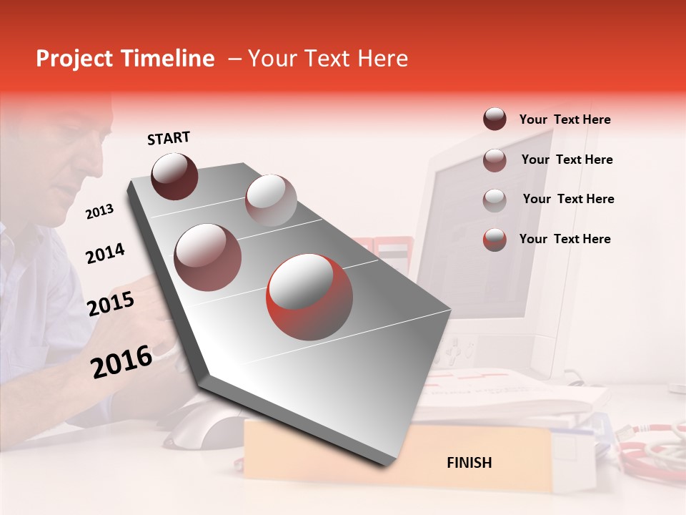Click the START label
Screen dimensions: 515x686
169,138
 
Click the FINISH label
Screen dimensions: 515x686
469,463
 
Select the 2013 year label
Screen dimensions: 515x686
99,212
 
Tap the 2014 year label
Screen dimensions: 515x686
105,253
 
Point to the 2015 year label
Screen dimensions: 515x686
111,304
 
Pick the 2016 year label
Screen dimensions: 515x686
121,361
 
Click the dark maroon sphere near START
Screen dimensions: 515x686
174,176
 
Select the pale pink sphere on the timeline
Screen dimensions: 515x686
271,200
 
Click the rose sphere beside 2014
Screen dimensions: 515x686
207,257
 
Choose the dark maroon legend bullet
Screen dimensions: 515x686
494,119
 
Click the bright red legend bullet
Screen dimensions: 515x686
494,239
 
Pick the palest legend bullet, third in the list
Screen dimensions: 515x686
494,200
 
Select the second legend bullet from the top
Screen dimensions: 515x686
494,160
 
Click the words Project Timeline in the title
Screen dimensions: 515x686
125,59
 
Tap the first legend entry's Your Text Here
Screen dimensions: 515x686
565,119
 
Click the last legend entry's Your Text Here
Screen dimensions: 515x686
565,239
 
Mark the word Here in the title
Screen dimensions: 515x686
382,59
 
